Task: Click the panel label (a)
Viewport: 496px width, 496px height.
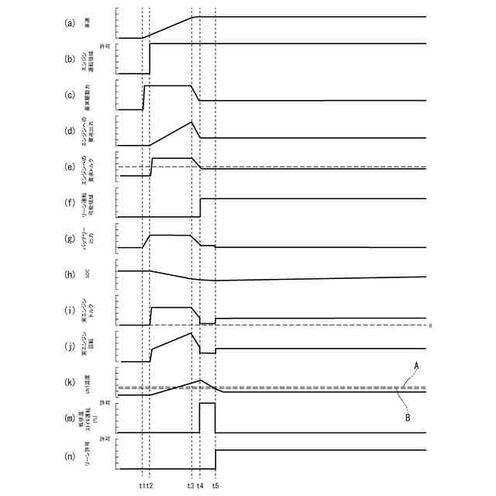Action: tap(70, 23)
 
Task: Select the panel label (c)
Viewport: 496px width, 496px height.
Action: tap(70, 96)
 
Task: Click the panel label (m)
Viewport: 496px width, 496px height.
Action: tap(70, 418)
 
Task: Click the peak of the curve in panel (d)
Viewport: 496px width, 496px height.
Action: tap(191, 122)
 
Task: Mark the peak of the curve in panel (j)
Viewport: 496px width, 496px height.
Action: tap(191, 332)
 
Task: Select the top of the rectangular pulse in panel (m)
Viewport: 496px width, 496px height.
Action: tap(207, 403)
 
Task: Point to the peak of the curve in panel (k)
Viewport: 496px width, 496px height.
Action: tap(201, 380)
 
